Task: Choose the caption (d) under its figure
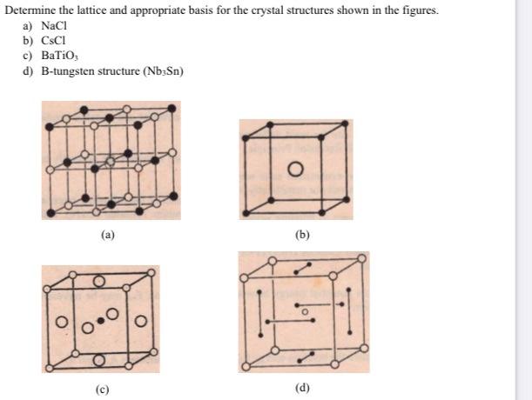coord(302,388)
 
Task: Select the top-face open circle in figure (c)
coord(98,281)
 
